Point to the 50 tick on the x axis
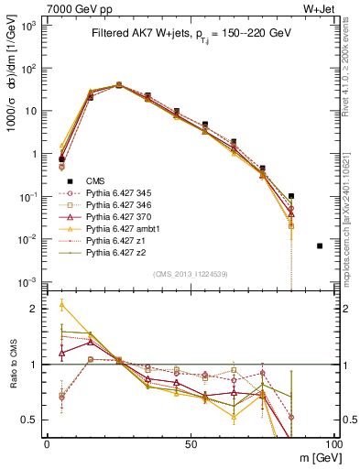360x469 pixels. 191,443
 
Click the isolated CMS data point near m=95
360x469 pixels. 320,245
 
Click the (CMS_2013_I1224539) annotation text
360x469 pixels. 191,273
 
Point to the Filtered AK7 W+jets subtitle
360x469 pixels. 191,34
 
